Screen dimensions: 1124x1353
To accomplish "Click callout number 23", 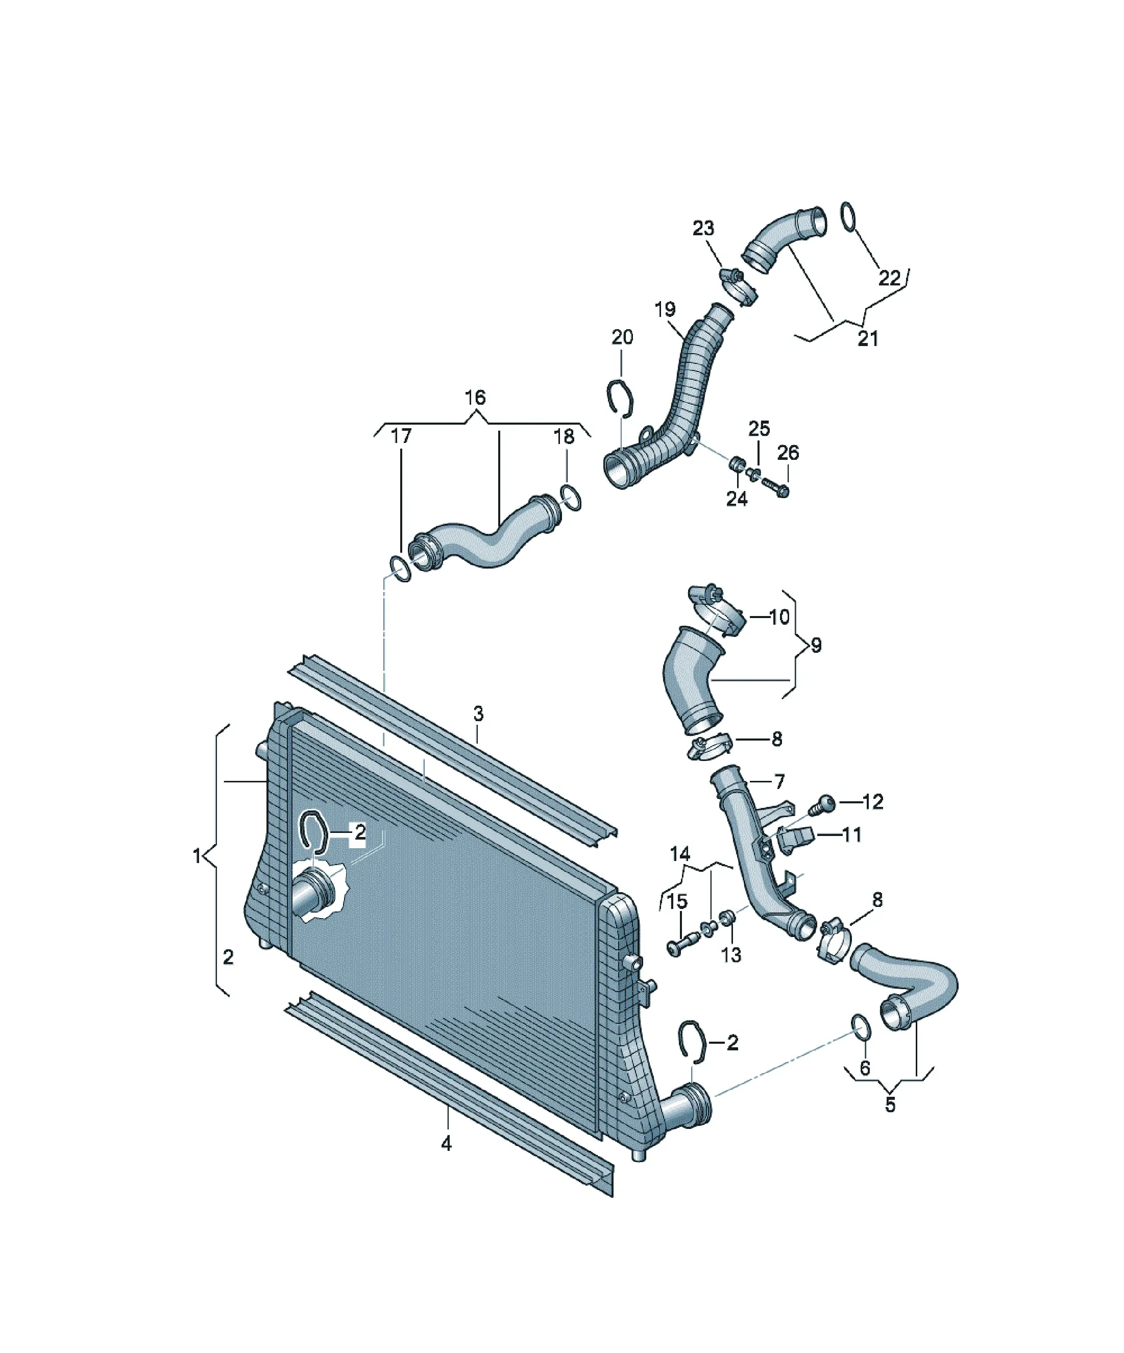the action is (703, 228).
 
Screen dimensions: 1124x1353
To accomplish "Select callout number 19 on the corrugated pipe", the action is (665, 309).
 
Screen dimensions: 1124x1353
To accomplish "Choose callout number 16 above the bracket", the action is (475, 398).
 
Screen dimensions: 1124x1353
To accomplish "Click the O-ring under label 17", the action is (401, 569).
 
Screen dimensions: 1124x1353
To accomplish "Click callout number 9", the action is (816, 645).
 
